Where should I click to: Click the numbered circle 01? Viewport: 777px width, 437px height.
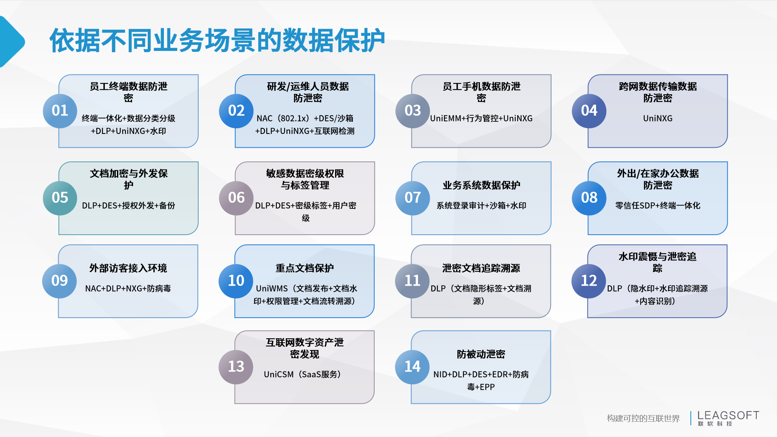pyautogui.click(x=60, y=111)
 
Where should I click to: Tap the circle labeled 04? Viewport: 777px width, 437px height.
pyautogui.click(x=589, y=111)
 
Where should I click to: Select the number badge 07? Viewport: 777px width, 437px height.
pyautogui.click(x=412, y=198)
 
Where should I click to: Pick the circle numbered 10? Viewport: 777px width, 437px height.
pyautogui.click(x=236, y=281)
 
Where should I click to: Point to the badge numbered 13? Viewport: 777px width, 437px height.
pyautogui.click(x=236, y=367)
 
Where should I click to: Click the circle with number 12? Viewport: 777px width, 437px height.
pyautogui.click(x=589, y=281)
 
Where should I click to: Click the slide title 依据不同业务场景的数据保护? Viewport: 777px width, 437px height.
pyautogui.click(x=217, y=40)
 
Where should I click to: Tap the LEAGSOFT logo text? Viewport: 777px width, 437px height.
pyautogui.click(x=728, y=416)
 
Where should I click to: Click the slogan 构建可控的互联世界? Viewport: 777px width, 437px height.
pyautogui.click(x=643, y=418)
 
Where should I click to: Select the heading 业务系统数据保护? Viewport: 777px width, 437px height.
pyautogui.click(x=481, y=185)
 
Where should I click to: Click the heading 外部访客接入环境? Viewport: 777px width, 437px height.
pyautogui.click(x=128, y=268)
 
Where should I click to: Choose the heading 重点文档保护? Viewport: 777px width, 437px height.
pyautogui.click(x=305, y=268)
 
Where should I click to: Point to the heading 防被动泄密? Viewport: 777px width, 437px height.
pyautogui.click(x=481, y=354)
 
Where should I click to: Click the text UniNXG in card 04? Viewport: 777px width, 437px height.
pyautogui.click(x=658, y=119)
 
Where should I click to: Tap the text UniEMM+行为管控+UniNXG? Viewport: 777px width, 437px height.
pyautogui.click(x=481, y=119)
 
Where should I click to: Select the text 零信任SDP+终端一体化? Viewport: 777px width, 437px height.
pyautogui.click(x=658, y=206)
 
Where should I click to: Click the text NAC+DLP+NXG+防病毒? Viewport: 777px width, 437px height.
pyautogui.click(x=128, y=289)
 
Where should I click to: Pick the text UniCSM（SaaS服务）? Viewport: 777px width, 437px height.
pyautogui.click(x=302, y=375)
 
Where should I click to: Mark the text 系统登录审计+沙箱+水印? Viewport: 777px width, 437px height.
pyautogui.click(x=481, y=206)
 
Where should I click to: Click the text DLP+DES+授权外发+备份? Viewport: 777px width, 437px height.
pyautogui.click(x=128, y=206)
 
